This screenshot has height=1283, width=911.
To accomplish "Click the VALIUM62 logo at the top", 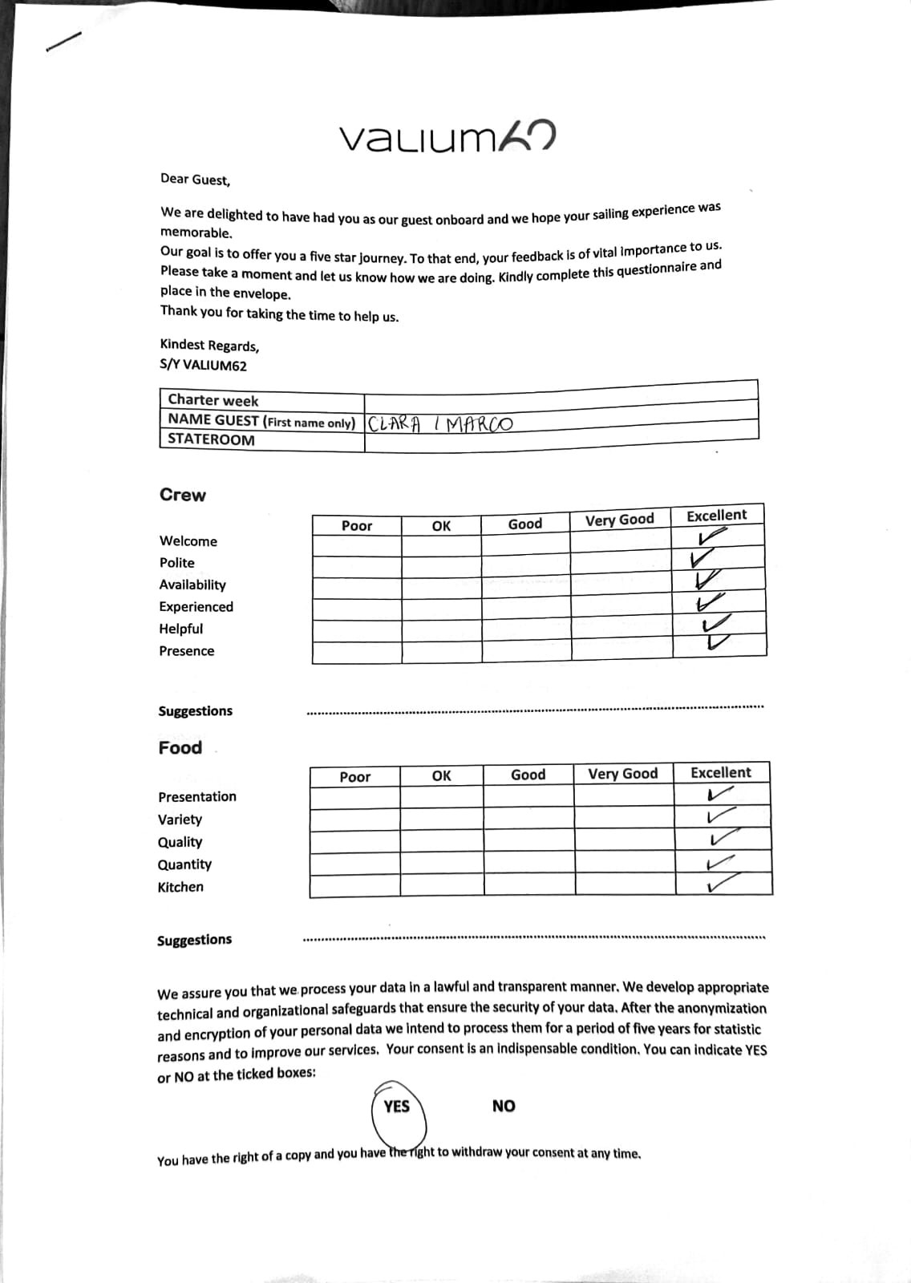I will point(447,138).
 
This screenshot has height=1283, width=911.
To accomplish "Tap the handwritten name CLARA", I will point(394,423).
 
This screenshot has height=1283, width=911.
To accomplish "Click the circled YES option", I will point(397,1107).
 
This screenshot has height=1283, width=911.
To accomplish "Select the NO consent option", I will point(504,1107).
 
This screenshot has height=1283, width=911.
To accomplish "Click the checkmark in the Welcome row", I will point(713,537).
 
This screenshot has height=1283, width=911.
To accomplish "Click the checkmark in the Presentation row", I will point(720,795).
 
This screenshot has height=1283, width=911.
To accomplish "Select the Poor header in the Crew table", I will point(357,526).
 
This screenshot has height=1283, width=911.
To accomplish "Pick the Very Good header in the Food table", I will point(622,774).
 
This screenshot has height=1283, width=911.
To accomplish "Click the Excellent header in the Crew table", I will point(716,516).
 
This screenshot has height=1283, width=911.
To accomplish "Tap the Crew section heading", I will point(183,496).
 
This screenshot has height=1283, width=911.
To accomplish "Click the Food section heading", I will point(180,748).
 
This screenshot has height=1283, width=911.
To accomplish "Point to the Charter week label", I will point(213,400).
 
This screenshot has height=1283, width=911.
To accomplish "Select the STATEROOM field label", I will point(211,439).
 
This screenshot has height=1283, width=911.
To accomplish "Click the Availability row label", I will point(192,585).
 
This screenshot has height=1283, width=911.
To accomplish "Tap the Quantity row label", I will point(184,864).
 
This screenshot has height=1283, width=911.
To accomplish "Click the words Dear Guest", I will point(195,180).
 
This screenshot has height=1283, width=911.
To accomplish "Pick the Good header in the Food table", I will point(528,775).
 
